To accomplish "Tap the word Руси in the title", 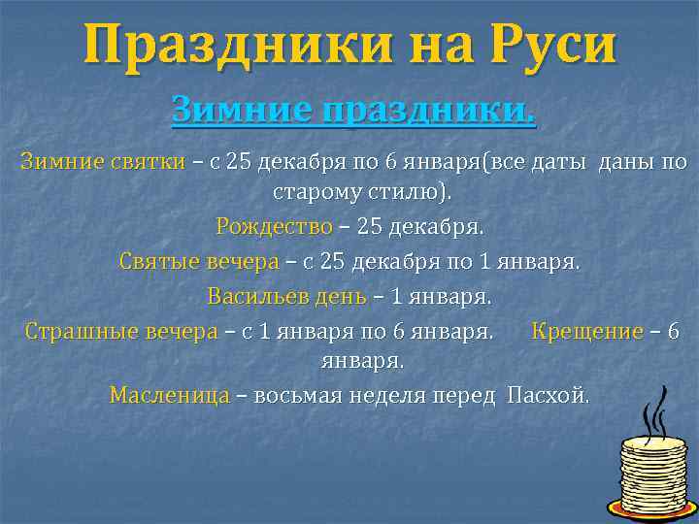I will click(x=554, y=46).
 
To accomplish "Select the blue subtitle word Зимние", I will click(x=225, y=112).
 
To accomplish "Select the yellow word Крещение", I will click(x=587, y=331).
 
